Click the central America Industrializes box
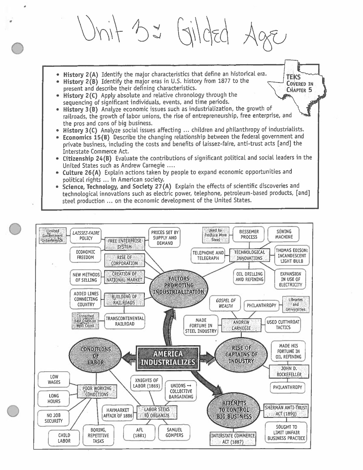168,358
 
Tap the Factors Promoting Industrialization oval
179,285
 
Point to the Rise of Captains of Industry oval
241,354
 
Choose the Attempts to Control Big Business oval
234,410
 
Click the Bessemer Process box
249,234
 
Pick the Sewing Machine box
284,234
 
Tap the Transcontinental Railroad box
125,321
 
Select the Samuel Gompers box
174,432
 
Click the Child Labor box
64,438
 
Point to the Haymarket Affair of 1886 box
118,413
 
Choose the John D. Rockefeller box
289,371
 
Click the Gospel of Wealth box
225,303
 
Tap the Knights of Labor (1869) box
146,383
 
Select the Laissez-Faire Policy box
86,236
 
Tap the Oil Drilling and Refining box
249,277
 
